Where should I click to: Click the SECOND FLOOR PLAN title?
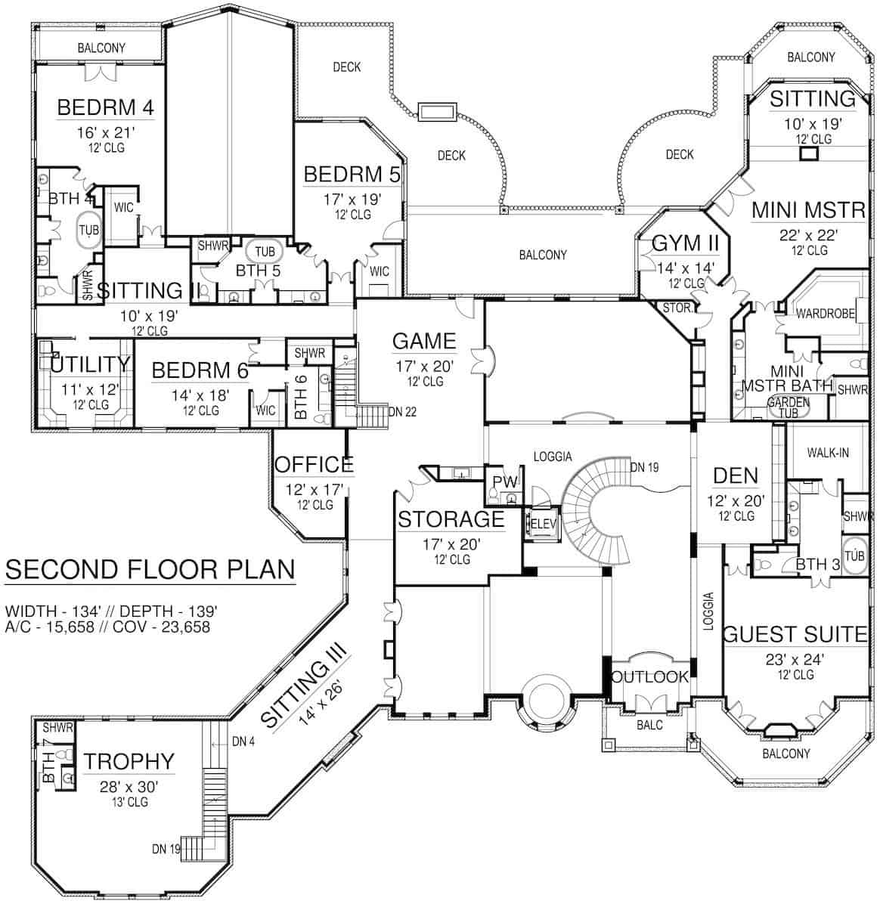click(x=150, y=569)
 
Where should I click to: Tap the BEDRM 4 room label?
click(x=106, y=107)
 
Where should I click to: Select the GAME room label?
click(x=424, y=342)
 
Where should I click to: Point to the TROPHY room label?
click(x=129, y=761)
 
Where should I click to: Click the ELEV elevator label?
click(x=544, y=523)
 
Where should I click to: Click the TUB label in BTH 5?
click(x=265, y=251)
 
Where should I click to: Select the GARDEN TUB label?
click(x=789, y=407)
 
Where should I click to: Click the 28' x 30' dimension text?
click(x=128, y=787)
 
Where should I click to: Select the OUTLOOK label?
click(x=649, y=677)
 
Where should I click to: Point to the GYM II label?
click(x=679, y=243)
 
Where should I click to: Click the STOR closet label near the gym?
click(x=676, y=308)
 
